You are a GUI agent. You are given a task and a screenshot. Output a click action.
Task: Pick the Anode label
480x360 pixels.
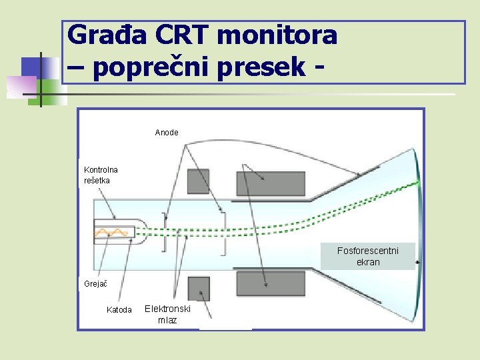167,133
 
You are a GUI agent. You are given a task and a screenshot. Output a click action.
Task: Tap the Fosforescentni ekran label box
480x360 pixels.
367,256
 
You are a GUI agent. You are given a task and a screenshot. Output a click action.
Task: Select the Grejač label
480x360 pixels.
95,284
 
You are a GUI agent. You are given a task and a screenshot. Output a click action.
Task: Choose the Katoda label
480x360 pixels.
119,309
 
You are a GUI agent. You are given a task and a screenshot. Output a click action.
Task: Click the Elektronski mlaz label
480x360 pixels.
167,314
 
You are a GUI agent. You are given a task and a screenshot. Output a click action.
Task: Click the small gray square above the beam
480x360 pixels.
198,181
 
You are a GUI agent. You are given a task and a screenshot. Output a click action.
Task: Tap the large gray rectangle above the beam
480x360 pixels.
271,183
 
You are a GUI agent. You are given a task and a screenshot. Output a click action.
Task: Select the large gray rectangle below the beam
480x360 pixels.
271,284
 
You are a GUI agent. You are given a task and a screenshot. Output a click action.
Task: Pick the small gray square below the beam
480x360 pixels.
199,289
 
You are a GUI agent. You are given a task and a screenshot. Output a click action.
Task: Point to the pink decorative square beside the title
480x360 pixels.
21,86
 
